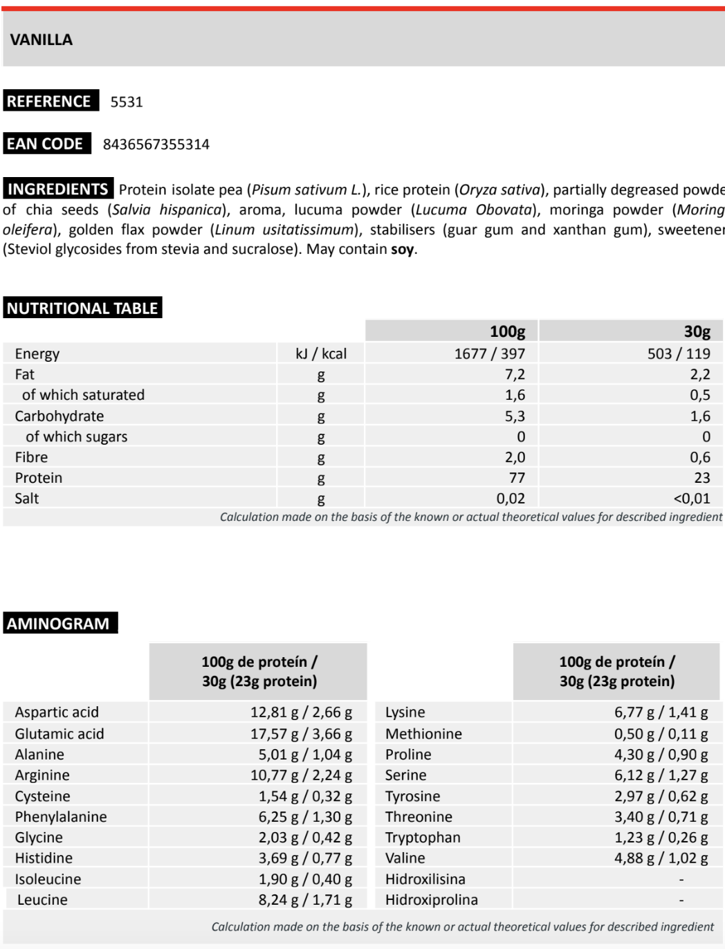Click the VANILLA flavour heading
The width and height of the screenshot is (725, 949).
click(42, 39)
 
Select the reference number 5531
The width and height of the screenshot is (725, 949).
click(127, 102)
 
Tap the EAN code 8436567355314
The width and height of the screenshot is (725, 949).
click(156, 144)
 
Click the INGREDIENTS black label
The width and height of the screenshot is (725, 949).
click(57, 189)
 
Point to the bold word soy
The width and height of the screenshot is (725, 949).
click(402, 249)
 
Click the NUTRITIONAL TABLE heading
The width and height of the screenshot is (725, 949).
click(82, 308)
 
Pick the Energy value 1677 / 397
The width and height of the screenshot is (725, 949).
click(489, 353)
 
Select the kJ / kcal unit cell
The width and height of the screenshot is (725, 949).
click(321, 353)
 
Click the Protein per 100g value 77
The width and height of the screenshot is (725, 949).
click(517, 477)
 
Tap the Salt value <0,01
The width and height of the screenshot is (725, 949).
click(692, 498)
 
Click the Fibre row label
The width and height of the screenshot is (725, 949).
click(31, 457)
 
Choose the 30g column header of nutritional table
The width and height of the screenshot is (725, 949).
click(697, 331)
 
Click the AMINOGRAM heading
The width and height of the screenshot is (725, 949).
click(58, 623)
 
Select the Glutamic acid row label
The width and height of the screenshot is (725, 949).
click(59, 733)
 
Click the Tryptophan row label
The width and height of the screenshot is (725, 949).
click(423, 837)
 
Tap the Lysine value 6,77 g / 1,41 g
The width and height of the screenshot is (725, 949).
click(661, 712)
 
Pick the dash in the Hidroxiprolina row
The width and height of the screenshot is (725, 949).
click(681, 900)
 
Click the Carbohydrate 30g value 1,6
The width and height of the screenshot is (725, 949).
click(700, 416)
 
